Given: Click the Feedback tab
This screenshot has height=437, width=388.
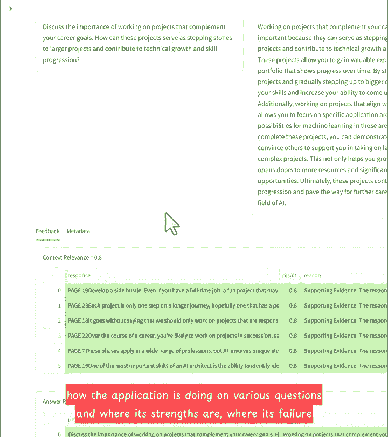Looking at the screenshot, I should coord(47,231).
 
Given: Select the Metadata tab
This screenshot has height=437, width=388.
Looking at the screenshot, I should coord(78,231).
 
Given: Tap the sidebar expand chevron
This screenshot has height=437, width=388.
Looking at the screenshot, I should coord(10,9).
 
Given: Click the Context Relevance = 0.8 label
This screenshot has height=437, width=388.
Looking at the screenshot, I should coord(72,257).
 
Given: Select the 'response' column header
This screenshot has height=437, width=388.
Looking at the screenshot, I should coord(79,275).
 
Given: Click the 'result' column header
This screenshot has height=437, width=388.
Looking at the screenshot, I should coord(289,275).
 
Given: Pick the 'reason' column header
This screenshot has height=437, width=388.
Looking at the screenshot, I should coord(313,275).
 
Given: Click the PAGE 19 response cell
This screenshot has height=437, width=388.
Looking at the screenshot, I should coord(172,290).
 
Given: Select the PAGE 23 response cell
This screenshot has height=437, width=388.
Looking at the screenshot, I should coord(172,305).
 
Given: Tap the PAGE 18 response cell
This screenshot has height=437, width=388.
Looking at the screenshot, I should coord(172,320).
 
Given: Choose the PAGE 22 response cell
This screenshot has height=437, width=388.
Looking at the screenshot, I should coord(172,336).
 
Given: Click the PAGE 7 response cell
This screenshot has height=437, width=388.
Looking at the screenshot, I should coord(172,351).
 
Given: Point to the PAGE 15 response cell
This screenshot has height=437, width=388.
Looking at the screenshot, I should coord(172,366).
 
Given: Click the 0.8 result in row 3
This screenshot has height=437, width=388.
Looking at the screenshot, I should coord(293,336).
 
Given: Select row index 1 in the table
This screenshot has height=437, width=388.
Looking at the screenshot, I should coord(59,305).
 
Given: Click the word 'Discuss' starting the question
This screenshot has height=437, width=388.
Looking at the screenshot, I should coord(53,27).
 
